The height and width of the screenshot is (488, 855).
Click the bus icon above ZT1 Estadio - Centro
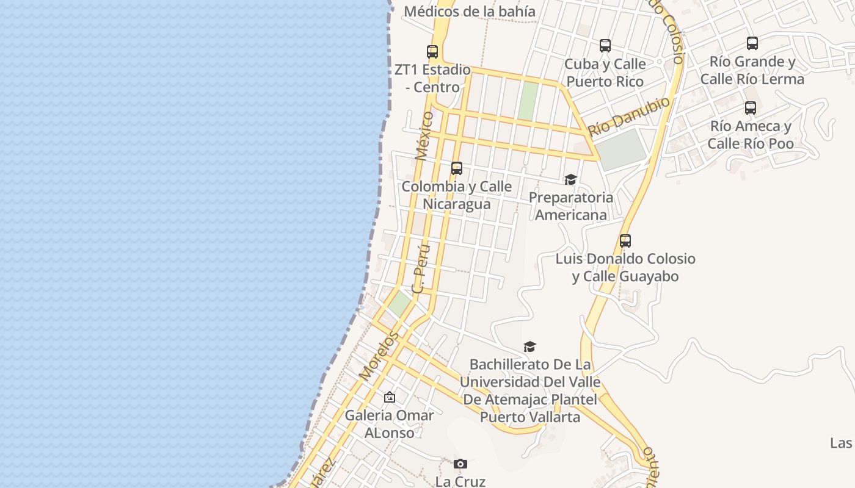[432, 52]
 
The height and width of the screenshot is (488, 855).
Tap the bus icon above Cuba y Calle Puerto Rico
[605, 46]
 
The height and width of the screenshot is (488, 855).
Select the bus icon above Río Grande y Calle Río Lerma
[752, 43]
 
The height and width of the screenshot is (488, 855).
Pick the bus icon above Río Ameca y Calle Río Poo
[750, 108]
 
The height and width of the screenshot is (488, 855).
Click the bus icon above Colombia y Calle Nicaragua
[456, 168]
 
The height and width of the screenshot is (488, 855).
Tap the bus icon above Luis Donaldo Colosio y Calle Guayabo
[625, 241]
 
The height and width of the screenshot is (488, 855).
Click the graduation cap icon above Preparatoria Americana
[570, 179]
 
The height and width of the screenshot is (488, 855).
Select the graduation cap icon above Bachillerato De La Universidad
[529, 346]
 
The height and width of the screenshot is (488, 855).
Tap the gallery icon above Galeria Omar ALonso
[389, 398]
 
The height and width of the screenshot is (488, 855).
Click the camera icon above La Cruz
[460, 464]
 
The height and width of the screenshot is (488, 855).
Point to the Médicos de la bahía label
[469, 11]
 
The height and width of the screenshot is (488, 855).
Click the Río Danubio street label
[629, 117]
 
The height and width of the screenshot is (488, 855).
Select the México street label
[424, 135]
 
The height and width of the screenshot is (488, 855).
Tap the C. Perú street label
[422, 269]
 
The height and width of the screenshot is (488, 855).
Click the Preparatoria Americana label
[570, 206]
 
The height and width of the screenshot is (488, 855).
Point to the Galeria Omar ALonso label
[389, 424]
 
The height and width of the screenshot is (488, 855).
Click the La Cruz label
[460, 481]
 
